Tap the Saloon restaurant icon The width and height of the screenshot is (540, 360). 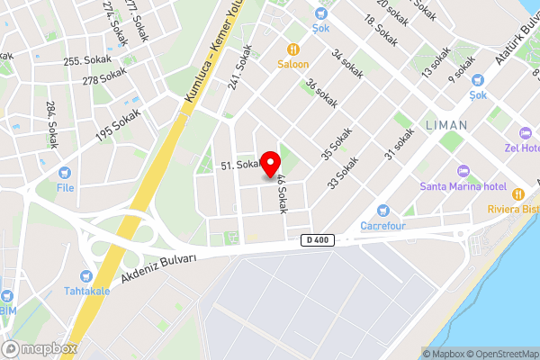292,49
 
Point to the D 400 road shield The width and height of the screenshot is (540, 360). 316,240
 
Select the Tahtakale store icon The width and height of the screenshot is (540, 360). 86,275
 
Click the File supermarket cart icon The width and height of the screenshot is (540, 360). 65,172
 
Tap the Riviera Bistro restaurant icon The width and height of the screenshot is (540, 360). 517,193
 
